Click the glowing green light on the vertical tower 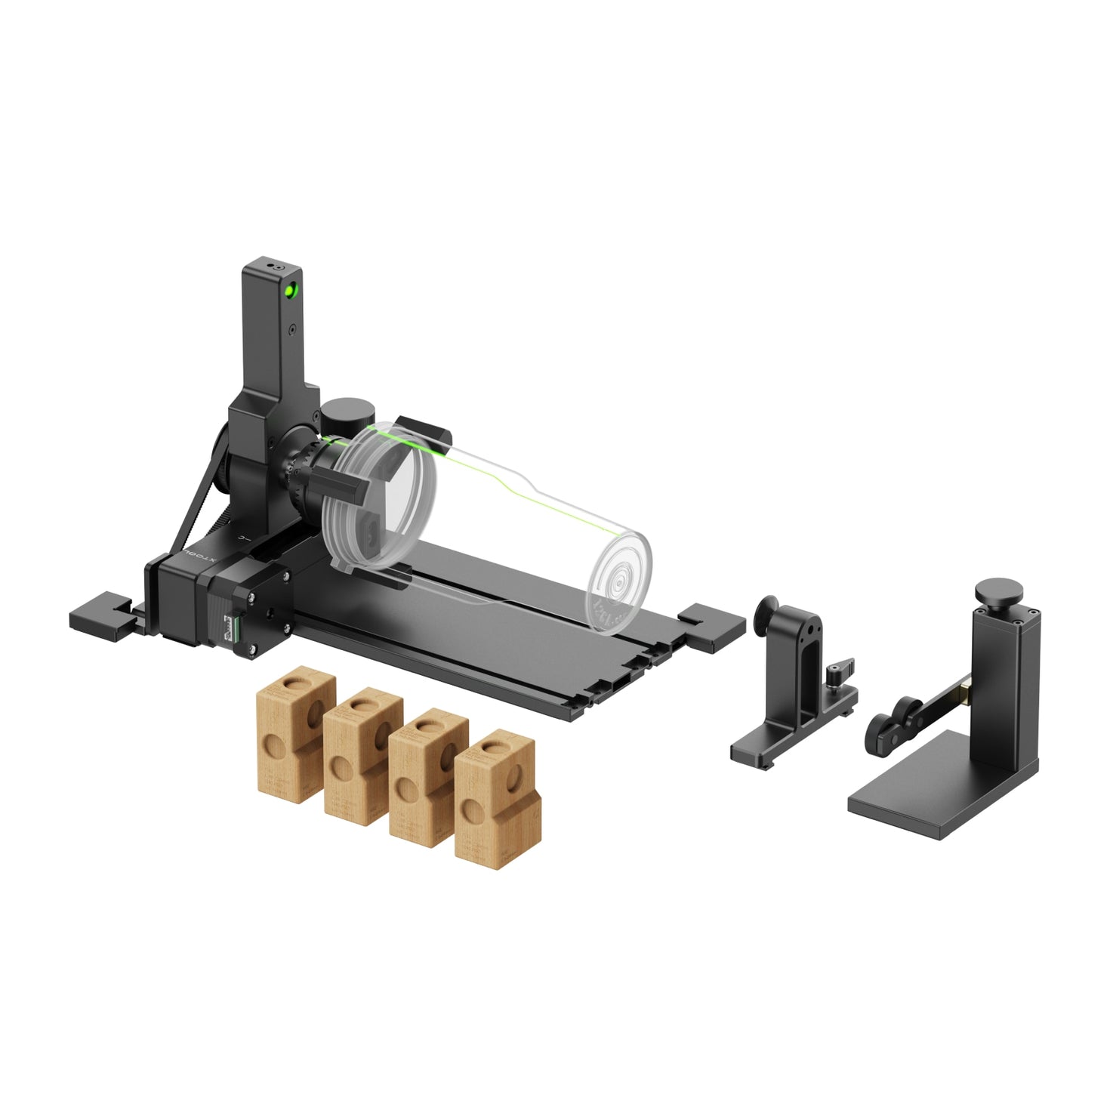tap(289, 289)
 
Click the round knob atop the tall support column tap(998, 590)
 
